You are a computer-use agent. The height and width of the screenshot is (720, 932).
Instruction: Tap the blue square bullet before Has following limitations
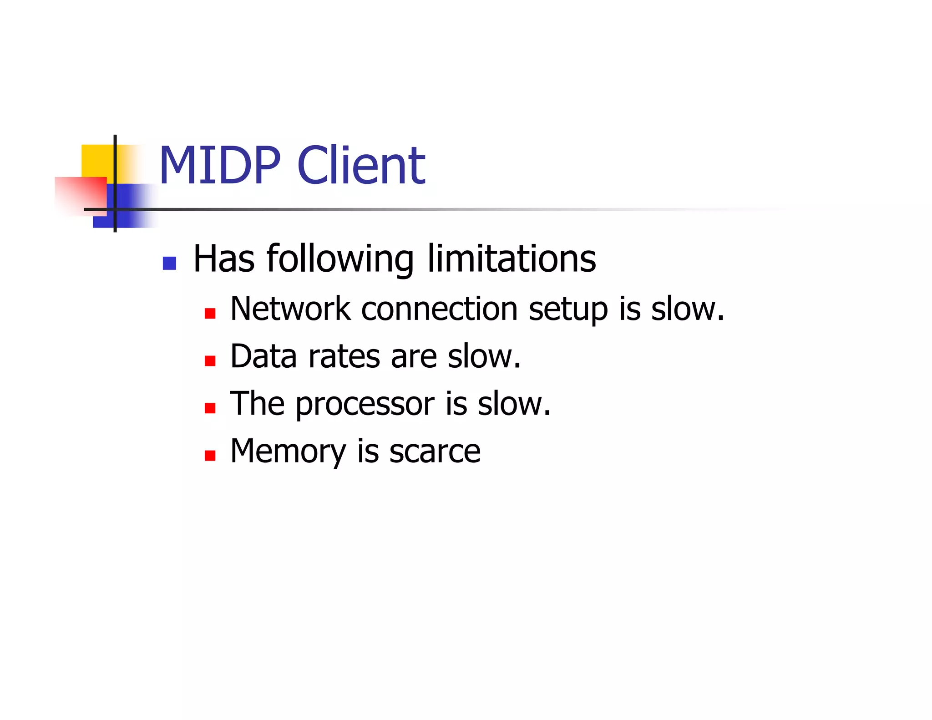(x=169, y=263)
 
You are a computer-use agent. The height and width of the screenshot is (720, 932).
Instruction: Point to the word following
(x=340, y=259)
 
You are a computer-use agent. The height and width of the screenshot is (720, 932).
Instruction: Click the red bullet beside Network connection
(x=210, y=313)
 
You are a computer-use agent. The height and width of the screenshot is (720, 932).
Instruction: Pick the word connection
(x=439, y=309)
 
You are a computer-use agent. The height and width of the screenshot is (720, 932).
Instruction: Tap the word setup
(x=568, y=309)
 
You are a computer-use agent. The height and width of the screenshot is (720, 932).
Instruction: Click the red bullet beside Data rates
(x=210, y=361)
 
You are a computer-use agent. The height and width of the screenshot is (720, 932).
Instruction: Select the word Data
(x=263, y=356)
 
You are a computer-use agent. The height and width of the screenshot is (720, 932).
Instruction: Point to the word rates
(x=344, y=357)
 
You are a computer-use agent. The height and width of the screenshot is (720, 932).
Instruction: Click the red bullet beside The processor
(x=210, y=408)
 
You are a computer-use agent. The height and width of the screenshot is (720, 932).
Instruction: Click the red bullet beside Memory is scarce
(x=210, y=455)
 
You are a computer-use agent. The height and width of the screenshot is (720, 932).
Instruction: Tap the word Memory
(x=288, y=451)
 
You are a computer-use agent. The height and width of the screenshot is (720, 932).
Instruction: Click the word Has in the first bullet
(x=224, y=259)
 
